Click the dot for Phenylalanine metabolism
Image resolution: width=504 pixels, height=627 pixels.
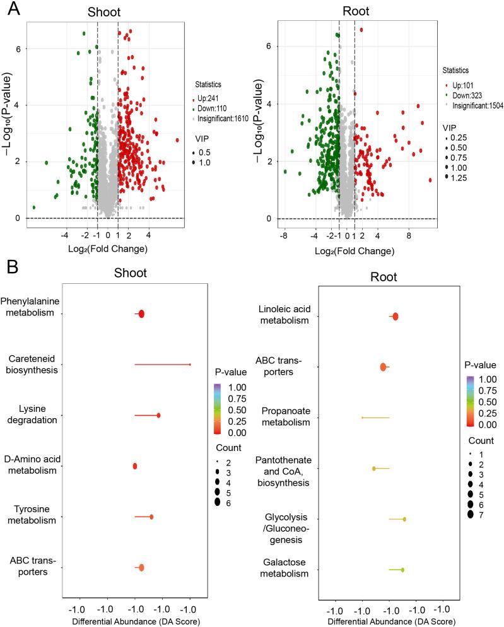click(141, 314)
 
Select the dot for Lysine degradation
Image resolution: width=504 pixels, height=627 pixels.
click(158, 415)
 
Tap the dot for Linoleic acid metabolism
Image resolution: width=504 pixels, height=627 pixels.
click(396, 317)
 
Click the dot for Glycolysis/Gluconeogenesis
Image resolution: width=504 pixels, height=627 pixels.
click(404, 519)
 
